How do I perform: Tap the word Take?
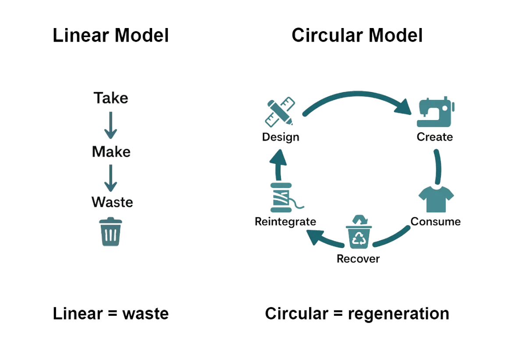111,98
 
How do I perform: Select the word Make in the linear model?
111,152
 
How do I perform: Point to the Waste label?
112,202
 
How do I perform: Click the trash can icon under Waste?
111,231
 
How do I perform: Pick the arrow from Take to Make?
110,124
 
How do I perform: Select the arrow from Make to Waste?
111,177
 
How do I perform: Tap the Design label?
281,137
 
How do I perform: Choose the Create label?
435,137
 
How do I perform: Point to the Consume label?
436,222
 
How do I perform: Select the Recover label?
358,259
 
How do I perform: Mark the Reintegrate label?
285,222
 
